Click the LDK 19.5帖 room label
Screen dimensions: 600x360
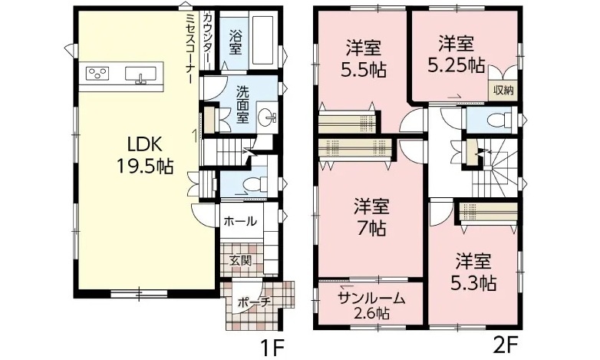coord(145,155)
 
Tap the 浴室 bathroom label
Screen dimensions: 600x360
coord(236,42)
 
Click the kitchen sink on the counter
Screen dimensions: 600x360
coord(140,74)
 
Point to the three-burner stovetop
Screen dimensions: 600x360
coord(97,73)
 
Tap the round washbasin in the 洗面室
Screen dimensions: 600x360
coord(266,117)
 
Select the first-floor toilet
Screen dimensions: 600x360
coord(255,184)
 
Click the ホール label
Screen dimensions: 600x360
coord(240,221)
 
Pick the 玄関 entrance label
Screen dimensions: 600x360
coord(241,261)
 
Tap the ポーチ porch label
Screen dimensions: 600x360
coord(254,302)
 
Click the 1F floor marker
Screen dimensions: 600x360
coord(272,348)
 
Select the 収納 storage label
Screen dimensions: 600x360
coord(503,91)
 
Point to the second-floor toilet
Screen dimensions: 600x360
coord(500,120)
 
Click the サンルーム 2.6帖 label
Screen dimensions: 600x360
coord(371,306)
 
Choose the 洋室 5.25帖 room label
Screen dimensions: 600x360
coord(456,54)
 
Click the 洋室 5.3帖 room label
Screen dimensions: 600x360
coord(473,272)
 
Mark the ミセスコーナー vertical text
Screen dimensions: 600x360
coord(190,48)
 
